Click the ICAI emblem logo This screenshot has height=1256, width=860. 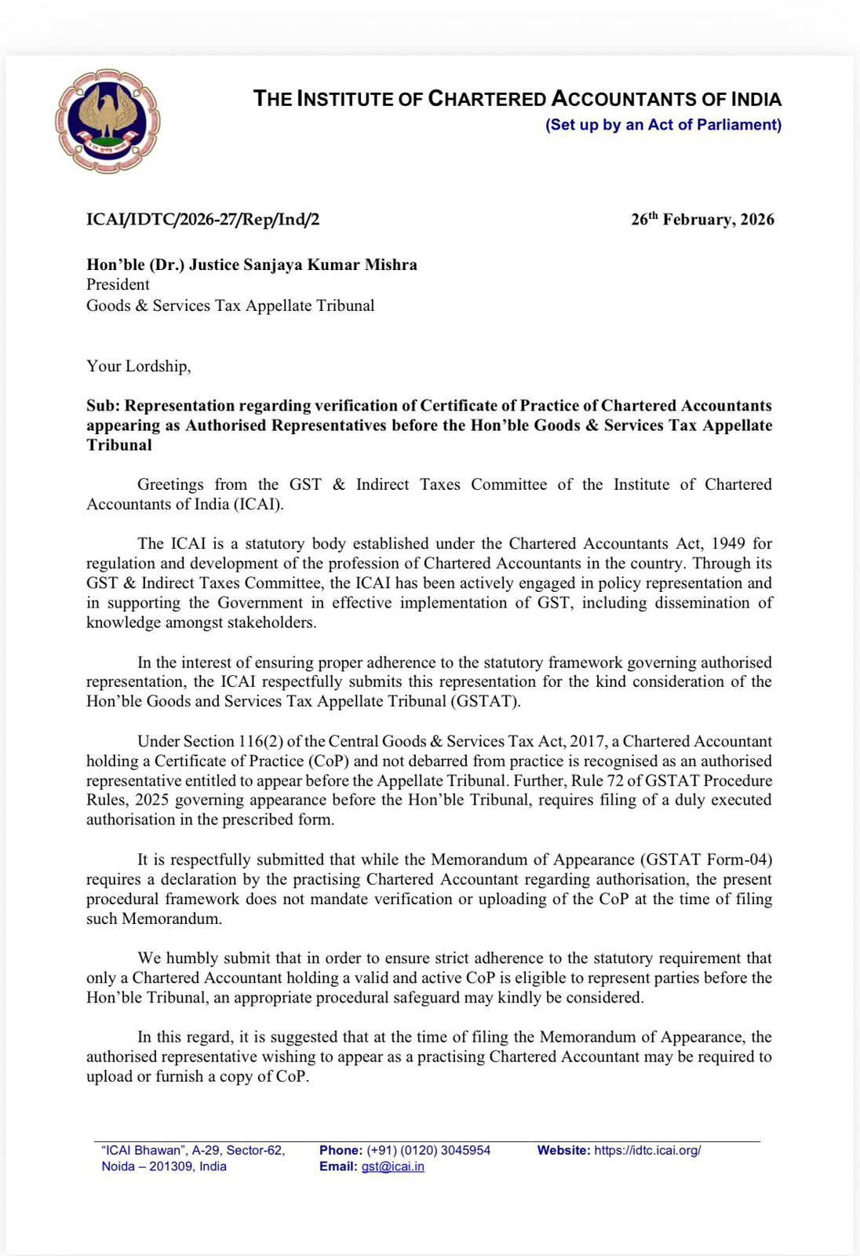[107, 121]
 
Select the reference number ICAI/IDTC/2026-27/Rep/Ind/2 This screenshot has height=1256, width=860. [202, 220]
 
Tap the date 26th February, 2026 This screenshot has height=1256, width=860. [702, 220]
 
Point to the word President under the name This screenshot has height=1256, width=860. [118, 285]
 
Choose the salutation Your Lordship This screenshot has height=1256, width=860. [138, 367]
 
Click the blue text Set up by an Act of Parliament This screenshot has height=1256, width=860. [663, 125]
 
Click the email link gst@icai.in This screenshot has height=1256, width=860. [392, 1167]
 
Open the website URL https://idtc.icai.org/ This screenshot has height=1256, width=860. [647, 1150]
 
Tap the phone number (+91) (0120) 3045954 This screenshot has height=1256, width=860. [428, 1150]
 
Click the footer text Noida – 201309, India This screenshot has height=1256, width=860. [164, 1167]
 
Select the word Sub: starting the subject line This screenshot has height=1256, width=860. [104, 406]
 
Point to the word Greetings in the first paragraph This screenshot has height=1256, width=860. [170, 484]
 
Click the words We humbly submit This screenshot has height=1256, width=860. [197, 958]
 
